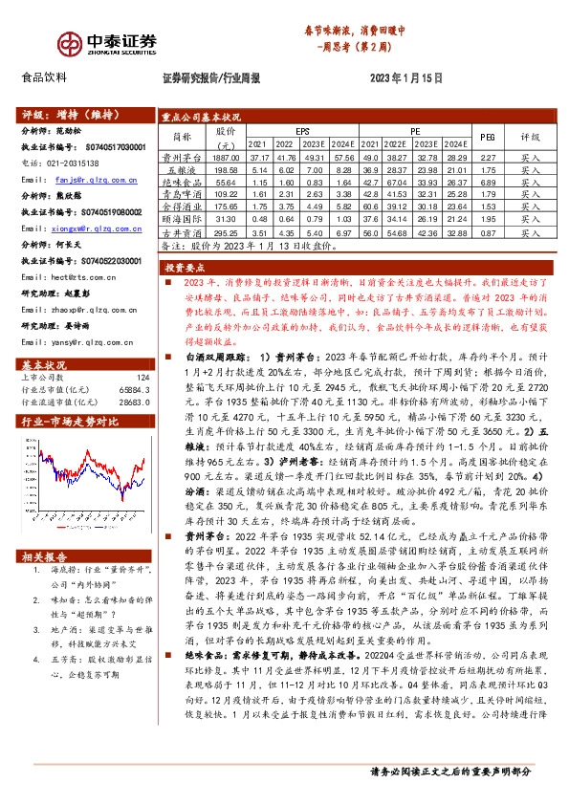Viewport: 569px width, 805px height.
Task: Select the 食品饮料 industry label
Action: pos(44,77)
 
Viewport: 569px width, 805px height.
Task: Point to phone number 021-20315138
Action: pos(70,163)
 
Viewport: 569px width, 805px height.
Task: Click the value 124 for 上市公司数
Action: pos(143,352)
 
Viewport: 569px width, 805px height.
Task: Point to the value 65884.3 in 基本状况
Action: pos(135,363)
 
